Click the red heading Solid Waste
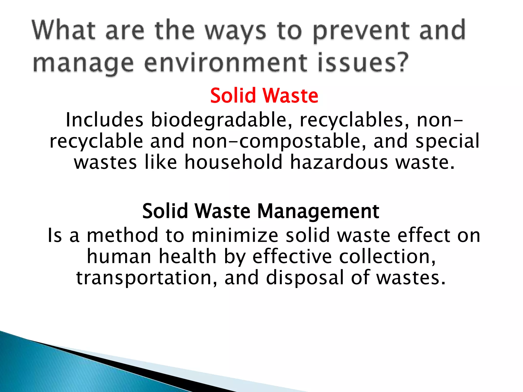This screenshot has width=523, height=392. point(264,95)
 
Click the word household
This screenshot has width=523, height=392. point(233,162)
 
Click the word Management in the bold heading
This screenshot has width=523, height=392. point(318,211)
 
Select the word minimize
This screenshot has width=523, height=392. point(235,235)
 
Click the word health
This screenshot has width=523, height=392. point(188,256)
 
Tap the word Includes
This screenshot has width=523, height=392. point(104,120)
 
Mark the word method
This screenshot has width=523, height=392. point(123,235)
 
